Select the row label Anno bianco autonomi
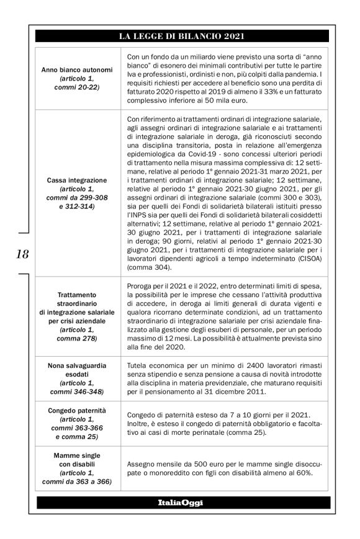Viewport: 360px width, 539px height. point(76,70)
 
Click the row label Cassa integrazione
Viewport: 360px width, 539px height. point(76,180)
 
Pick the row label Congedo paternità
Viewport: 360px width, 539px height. point(76,411)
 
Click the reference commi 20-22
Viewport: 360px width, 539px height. point(76,87)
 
